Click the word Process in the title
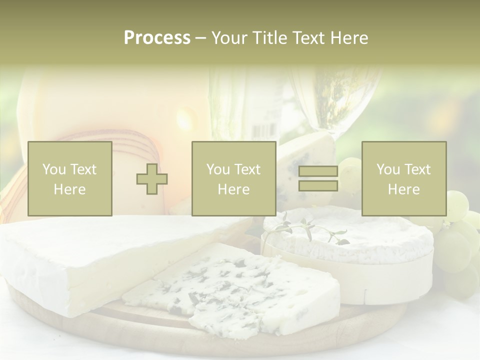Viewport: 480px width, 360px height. click(157, 38)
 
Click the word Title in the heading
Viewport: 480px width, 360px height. click(269, 38)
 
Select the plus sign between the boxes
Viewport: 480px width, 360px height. click(152, 179)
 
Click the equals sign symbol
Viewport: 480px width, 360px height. click(318, 179)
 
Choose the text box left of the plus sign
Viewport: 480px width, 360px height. click(69, 178)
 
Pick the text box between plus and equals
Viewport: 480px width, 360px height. click(233, 178)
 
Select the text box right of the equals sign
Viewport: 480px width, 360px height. click(403, 178)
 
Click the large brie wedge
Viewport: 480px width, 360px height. click(100, 260)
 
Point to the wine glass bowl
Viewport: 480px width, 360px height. click(335, 100)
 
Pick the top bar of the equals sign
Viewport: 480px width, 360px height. click(318, 172)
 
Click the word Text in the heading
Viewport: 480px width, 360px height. click(308, 38)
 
